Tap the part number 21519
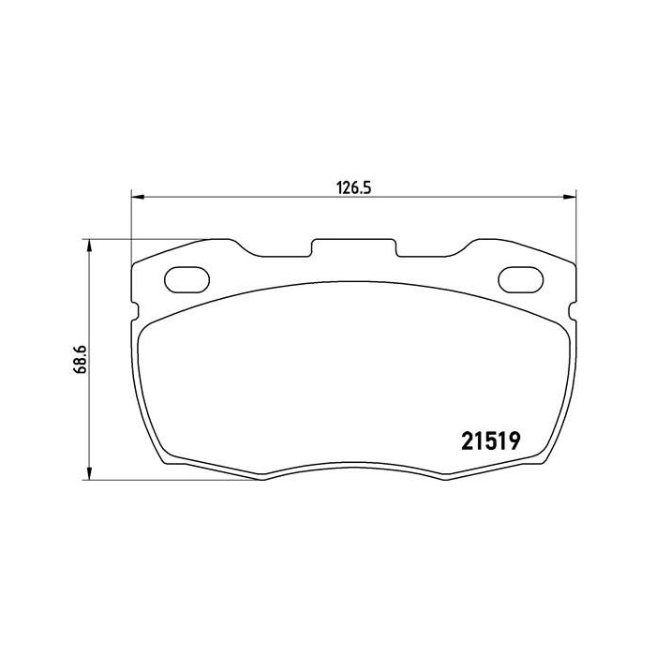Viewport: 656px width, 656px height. point(491,439)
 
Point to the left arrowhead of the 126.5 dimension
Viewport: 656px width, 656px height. point(137,197)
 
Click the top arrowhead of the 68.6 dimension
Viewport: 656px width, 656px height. point(89,245)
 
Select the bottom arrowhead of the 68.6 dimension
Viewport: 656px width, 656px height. point(89,475)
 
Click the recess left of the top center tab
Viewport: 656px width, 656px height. point(284,253)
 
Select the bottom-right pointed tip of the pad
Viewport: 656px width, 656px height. point(442,479)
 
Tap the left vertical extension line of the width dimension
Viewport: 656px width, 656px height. point(130,225)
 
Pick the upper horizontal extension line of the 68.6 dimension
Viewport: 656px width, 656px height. point(150,239)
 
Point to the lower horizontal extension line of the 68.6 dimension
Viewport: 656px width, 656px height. point(169,481)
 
